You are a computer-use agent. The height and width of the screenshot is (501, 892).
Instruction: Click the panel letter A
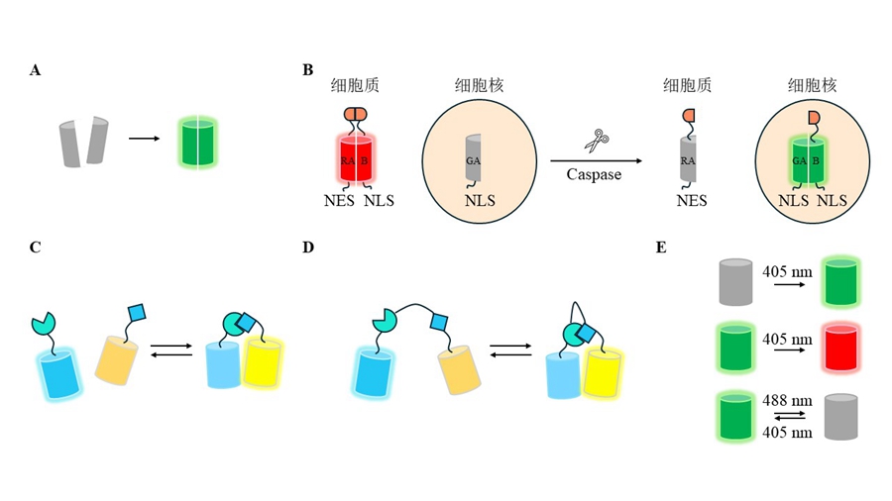[x=36, y=70]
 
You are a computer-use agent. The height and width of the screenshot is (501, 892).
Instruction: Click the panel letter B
[x=307, y=70]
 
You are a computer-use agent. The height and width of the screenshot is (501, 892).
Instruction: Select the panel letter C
[x=36, y=247]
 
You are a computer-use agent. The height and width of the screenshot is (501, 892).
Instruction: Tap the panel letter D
[x=308, y=247]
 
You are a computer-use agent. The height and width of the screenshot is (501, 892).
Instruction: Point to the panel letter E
[x=661, y=247]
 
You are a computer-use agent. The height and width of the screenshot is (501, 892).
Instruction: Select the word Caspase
[x=594, y=174]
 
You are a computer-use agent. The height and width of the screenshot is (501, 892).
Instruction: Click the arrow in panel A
[x=145, y=139]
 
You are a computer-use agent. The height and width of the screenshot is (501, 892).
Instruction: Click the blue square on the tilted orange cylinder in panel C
[x=136, y=315]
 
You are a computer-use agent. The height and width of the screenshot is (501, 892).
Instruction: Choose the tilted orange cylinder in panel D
[x=459, y=367]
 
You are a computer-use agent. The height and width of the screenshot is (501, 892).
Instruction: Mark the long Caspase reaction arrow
[x=594, y=159]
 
